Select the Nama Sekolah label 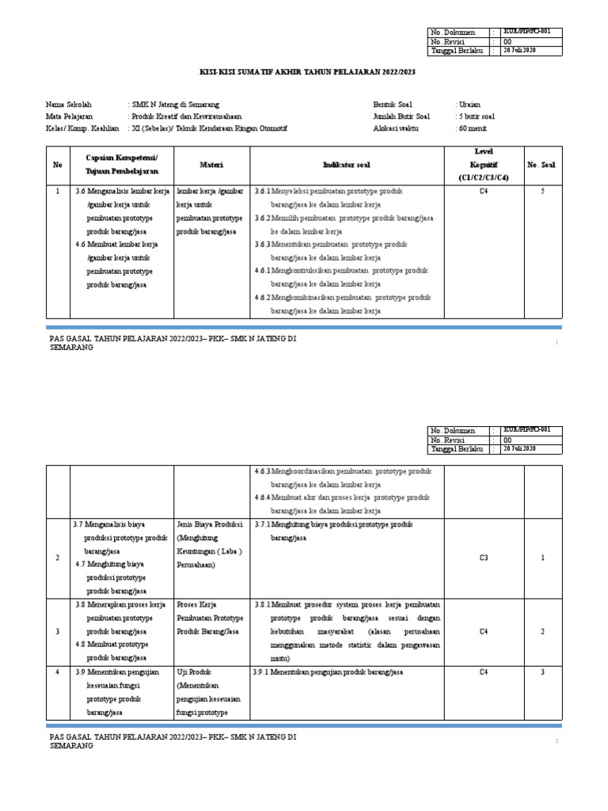[69, 104]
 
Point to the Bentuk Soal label [393, 104]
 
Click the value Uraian [469, 104]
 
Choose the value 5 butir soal [477, 116]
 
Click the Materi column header [211, 165]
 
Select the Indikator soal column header [346, 165]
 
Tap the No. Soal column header [542, 165]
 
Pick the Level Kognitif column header [483, 164]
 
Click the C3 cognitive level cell [484, 558]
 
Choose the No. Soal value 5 [542, 191]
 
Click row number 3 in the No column [57, 631]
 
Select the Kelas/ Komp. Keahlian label [82, 128]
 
